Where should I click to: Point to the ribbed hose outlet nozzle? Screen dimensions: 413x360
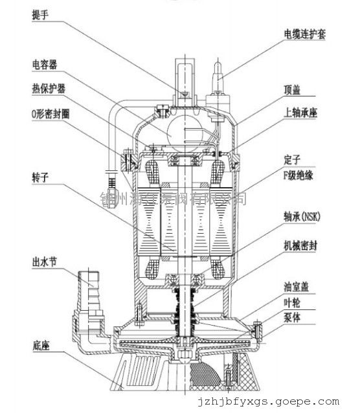88,280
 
